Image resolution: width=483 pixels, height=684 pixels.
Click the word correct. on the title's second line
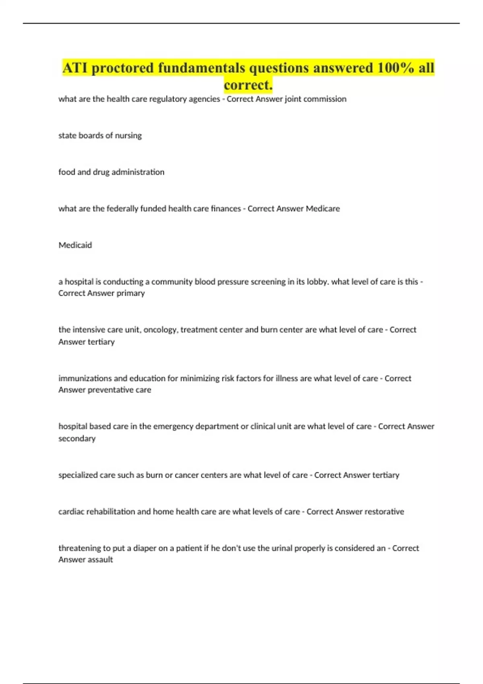pos(248,85)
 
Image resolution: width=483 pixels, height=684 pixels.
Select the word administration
pos(138,172)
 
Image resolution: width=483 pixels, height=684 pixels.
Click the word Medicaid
pos(75,245)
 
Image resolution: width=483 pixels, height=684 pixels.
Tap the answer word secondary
pos(77,439)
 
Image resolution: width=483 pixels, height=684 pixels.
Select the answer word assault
pos(100,560)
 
